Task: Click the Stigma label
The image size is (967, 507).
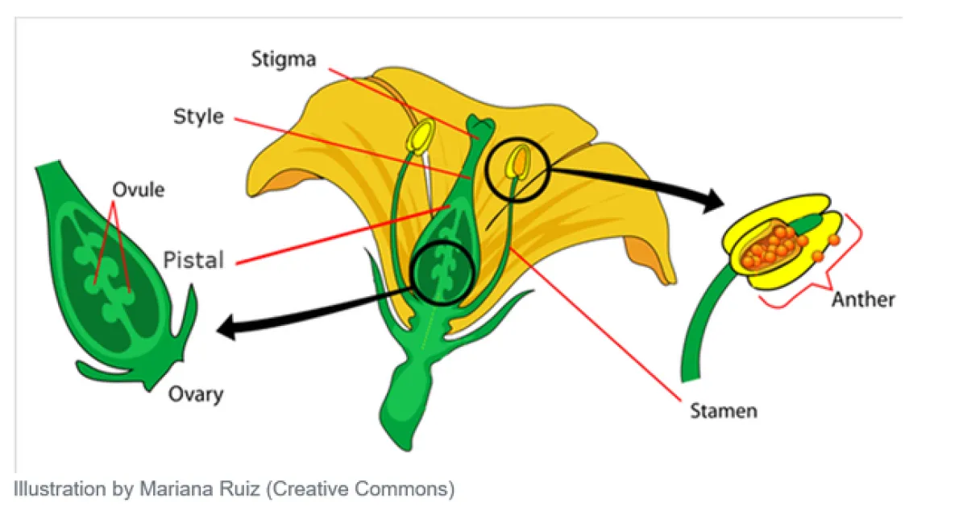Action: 284,60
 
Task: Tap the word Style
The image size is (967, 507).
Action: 199,117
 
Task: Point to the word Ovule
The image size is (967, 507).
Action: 138,190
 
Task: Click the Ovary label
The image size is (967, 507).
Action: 196,394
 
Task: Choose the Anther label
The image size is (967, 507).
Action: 863,300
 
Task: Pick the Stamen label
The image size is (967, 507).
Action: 723,411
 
